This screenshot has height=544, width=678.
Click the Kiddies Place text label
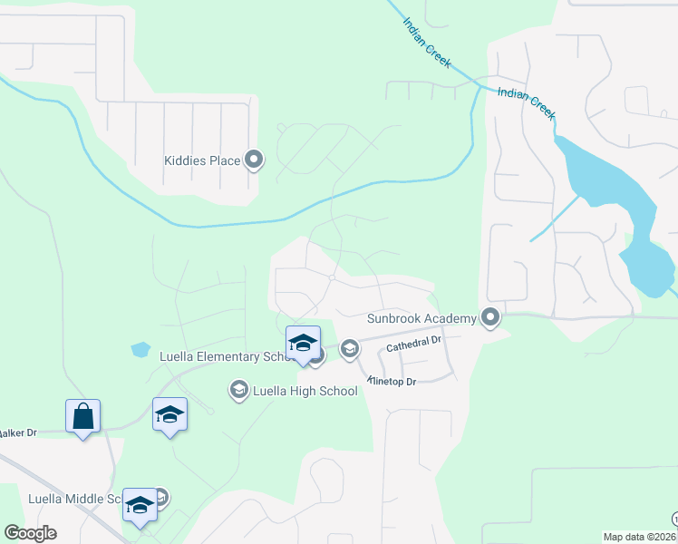point(202,161)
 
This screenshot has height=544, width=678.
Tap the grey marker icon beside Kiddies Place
point(254,160)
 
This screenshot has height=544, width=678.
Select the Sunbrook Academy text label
point(421,318)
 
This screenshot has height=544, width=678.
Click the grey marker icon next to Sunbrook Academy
point(491,317)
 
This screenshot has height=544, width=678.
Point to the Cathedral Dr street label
point(412,344)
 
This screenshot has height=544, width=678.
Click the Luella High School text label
point(305,391)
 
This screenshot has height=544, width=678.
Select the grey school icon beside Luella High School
point(239,390)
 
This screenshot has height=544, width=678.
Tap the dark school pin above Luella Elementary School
point(303,344)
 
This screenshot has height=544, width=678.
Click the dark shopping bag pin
point(83,417)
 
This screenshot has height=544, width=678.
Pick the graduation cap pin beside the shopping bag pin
point(169,415)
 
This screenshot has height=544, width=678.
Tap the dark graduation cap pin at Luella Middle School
point(140,504)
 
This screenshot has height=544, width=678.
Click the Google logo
point(30,533)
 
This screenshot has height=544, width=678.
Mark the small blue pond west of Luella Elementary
point(140,348)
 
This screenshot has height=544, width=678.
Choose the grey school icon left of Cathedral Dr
point(349,348)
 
